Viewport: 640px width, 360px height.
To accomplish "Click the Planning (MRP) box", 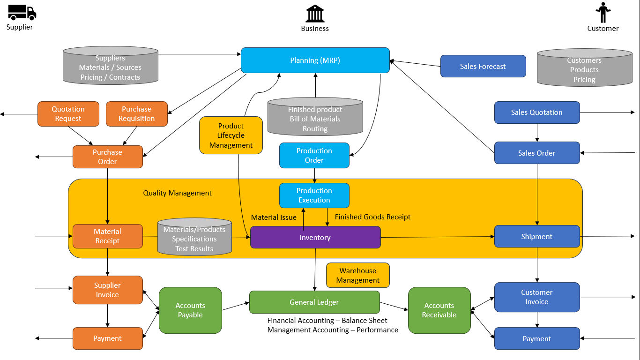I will [x=315, y=60].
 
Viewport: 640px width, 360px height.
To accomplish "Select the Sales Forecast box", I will [x=483, y=66].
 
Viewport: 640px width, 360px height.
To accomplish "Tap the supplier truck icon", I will [x=22, y=12].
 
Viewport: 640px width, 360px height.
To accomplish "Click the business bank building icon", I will [x=315, y=14].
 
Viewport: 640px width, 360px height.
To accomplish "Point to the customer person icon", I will [x=603, y=13].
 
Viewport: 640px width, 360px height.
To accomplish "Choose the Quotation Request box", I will [x=68, y=114].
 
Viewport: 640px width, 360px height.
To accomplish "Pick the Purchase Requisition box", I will [x=137, y=114].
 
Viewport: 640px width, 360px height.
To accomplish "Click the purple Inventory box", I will [x=315, y=237].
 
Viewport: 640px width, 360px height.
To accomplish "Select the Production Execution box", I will [x=314, y=195].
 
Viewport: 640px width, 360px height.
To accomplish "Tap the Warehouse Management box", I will [x=358, y=275].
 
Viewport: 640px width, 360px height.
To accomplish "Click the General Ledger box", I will [x=314, y=302].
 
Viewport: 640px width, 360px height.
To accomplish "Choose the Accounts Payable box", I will [x=190, y=310].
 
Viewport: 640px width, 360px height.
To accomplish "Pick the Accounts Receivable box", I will [x=439, y=310].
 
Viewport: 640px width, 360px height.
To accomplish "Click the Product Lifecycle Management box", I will [x=231, y=135].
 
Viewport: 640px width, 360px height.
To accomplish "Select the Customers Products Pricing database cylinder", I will [x=584, y=68].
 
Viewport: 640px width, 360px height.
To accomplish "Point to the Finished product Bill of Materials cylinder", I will [x=315, y=117].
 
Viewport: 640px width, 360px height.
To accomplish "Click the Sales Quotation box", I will [x=537, y=112].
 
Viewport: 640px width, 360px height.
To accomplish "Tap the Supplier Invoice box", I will [x=107, y=290].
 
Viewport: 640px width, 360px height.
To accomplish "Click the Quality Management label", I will [x=177, y=193].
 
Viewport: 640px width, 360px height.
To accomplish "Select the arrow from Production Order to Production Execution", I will [x=314, y=175].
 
